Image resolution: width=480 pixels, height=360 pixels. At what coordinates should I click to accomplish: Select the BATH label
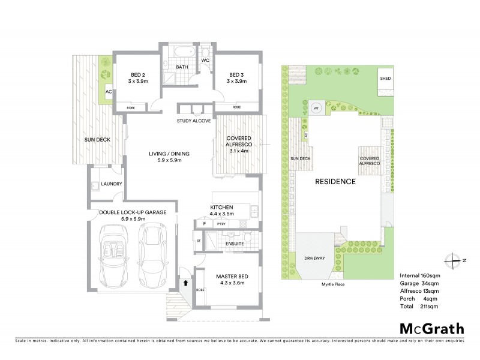coord(182,67)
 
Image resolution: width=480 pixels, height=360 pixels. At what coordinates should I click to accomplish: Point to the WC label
coord(205,61)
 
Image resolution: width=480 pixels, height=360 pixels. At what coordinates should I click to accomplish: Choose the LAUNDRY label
coord(112,184)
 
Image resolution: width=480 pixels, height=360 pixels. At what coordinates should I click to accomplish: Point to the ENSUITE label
coord(234,244)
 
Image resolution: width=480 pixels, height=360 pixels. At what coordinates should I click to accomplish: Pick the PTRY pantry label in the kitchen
coord(221,224)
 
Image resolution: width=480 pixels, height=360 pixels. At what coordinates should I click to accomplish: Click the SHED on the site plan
coord(384,79)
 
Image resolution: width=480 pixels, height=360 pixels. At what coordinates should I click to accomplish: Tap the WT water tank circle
coord(316,109)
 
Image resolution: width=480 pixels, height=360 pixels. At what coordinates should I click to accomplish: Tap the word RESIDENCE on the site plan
coord(336,181)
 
